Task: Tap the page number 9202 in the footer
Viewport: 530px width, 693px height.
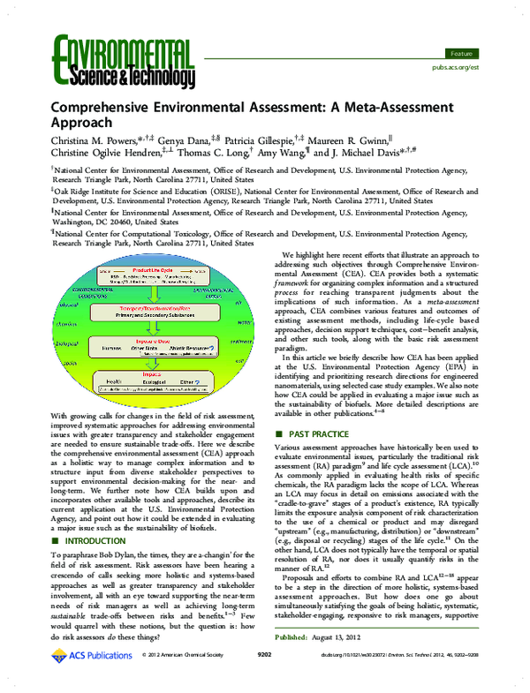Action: coord(263,679)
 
